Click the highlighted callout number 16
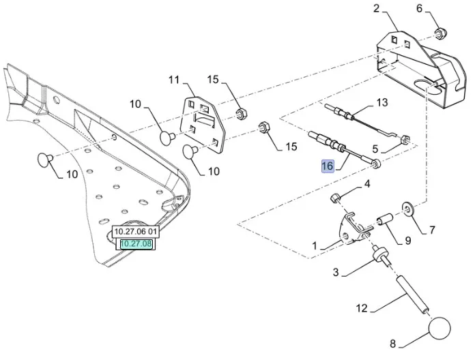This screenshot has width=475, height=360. click(x=328, y=166)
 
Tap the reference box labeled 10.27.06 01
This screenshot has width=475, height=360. click(x=135, y=232)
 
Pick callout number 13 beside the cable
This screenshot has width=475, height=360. click(x=382, y=102)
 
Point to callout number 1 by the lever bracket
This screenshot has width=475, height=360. click(x=314, y=245)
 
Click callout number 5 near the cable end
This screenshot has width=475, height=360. click(x=375, y=148)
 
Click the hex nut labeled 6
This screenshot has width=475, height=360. click(x=440, y=31)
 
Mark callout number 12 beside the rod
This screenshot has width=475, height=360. click(x=362, y=309)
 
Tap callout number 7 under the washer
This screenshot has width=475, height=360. click(x=431, y=230)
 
